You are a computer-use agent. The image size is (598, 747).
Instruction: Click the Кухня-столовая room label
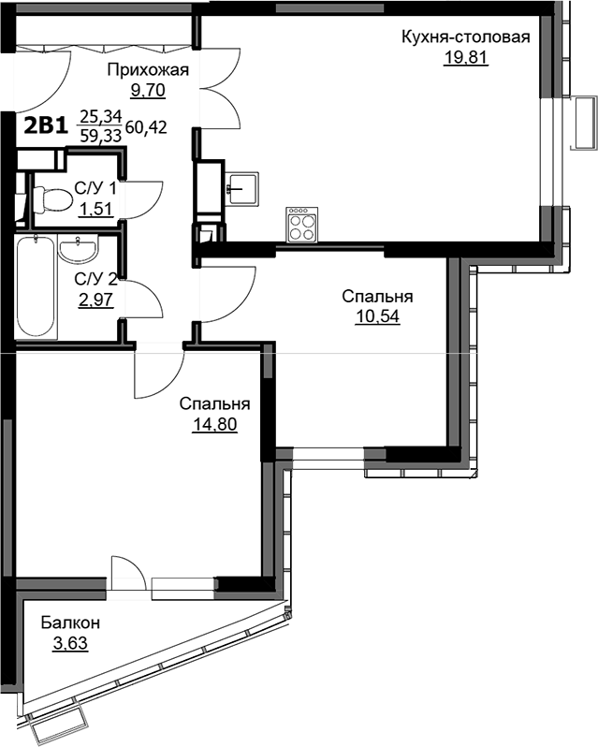[466, 37]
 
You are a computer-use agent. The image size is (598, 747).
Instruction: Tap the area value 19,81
[466, 58]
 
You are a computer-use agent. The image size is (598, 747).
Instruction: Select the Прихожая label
[148, 70]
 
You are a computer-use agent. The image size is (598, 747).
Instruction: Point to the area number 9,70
[148, 90]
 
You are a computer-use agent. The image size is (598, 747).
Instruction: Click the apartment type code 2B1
[46, 126]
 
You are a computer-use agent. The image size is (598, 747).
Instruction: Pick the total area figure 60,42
[146, 127]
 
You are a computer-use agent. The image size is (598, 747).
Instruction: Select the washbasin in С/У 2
[78, 248]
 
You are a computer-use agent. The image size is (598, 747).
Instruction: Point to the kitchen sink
[242, 189]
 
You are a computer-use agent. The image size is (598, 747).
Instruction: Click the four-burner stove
[302, 225]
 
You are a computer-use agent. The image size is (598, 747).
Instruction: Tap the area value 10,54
[377, 316]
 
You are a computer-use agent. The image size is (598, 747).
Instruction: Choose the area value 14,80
[214, 424]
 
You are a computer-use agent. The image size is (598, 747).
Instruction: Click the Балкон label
[70, 622]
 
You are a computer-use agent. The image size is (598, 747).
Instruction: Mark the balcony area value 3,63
[70, 644]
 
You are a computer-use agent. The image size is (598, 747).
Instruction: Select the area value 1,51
[96, 209]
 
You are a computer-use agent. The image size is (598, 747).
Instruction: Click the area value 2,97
[96, 300]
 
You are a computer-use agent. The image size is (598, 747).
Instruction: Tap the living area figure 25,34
[101, 116]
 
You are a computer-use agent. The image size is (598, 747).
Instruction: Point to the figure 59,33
[101, 136]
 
